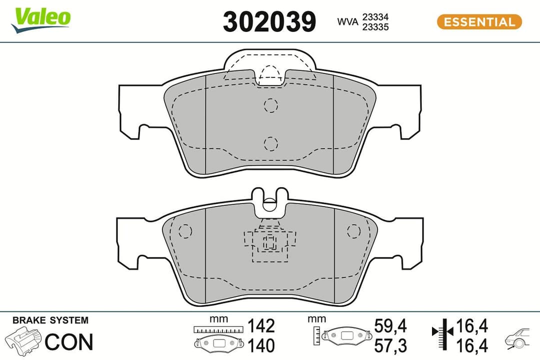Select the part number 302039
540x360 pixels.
[269, 22]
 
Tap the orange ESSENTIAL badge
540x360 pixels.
[479, 22]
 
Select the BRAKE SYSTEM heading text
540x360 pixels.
[50, 320]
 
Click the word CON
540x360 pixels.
[69, 342]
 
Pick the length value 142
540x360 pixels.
[261, 326]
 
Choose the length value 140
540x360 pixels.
[261, 345]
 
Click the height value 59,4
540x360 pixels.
[390, 326]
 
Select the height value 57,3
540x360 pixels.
[390, 345]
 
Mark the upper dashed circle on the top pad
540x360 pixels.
[270, 105]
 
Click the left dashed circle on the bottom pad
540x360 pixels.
[185, 231]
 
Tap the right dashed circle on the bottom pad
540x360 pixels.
[353, 230]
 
